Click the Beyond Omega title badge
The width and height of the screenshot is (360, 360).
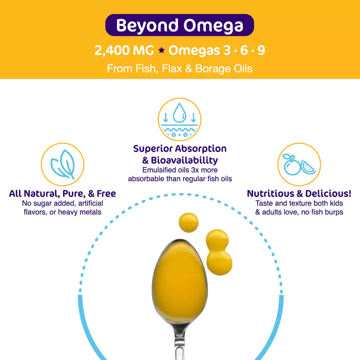180,25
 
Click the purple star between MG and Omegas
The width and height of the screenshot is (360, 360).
161,51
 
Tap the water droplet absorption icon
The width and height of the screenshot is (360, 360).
179,119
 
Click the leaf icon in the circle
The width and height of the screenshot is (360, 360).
62,164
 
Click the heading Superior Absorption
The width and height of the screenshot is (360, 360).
180,149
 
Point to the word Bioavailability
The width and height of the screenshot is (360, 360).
184,160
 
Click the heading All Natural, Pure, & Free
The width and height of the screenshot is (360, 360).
62,194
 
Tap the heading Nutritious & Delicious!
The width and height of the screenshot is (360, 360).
299,194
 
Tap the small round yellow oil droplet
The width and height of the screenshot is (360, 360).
188,222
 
